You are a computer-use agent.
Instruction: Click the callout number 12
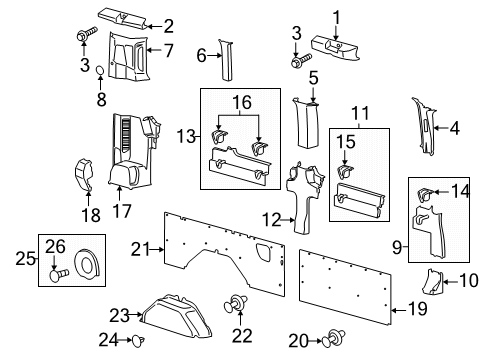click(x=272, y=218)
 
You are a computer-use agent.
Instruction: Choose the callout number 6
click(x=200, y=56)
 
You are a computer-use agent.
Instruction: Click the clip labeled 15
click(x=346, y=170)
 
